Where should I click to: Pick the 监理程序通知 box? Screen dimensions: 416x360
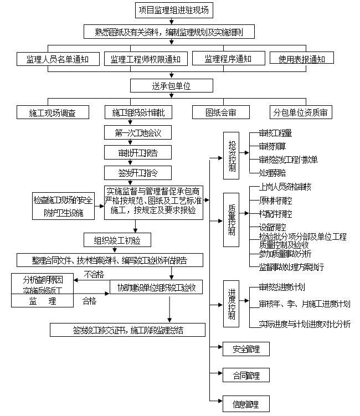tap(228, 59)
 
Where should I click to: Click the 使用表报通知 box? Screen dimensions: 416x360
tap(301, 59)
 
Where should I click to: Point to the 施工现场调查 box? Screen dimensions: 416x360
tap(52, 112)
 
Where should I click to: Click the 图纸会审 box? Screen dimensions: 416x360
tap(221, 112)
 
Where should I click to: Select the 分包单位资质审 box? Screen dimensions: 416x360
tap(301, 112)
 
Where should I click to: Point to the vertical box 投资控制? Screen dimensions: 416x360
tap(231, 156)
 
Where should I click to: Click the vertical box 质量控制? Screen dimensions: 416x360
tap(231, 220)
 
